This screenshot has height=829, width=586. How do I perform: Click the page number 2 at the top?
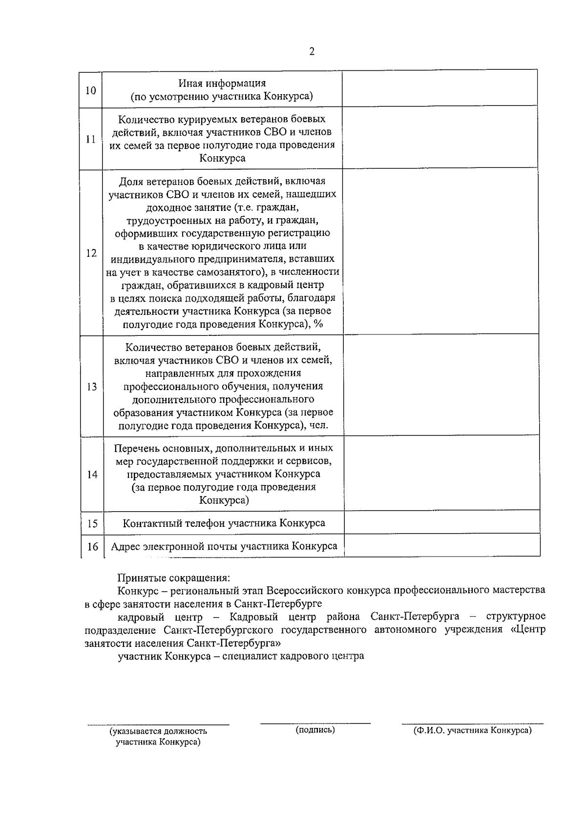(312, 52)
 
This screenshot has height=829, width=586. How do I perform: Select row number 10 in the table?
(91, 90)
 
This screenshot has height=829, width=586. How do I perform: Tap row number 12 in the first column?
(91, 253)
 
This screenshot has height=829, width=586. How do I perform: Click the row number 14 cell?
(92, 474)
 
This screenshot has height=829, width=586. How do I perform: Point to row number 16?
(92, 547)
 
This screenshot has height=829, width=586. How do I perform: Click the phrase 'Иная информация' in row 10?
(222, 83)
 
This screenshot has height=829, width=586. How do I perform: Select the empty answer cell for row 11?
(439, 138)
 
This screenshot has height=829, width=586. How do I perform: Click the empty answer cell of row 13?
(441, 386)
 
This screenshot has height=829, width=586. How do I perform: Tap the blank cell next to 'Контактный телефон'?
(441, 522)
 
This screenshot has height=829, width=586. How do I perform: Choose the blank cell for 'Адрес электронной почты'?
(441, 545)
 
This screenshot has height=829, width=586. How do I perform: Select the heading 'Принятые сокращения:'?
(173, 578)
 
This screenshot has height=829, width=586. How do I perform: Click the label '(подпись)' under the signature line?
(315, 730)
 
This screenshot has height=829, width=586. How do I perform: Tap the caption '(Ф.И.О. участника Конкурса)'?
(472, 730)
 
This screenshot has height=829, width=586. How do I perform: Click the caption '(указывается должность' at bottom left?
(158, 731)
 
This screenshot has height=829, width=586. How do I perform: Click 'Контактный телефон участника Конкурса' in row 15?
(224, 523)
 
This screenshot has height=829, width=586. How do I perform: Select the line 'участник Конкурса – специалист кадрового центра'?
(241, 656)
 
